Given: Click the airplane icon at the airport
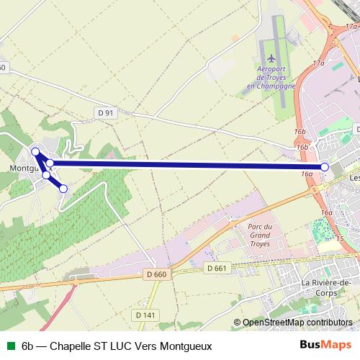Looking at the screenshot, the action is coord(271,58).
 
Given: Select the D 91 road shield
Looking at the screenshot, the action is coord(106,113).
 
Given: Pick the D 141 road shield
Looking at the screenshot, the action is coord(145,315).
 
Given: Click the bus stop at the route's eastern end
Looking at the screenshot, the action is coord(325,167).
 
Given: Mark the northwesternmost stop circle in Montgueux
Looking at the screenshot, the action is coord(35,151).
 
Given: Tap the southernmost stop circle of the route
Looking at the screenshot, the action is coord(63,189).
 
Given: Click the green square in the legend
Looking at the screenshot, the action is coord(9,344).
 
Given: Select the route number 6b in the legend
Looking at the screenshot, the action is coord(28,344).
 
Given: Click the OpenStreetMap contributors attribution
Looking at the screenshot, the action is coord(297,323).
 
